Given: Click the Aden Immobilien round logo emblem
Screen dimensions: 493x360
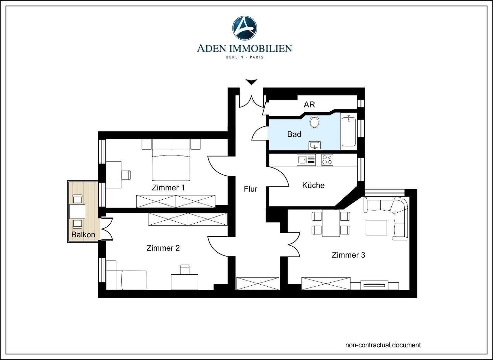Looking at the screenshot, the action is coord(244,28).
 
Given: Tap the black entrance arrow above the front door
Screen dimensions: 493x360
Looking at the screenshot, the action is coord(252,82).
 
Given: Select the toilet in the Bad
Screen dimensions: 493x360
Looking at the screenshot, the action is coord(314,121).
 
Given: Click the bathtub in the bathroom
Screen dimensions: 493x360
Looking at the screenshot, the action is coord(349,132).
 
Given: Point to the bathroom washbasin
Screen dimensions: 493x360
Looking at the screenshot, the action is coord(315,146).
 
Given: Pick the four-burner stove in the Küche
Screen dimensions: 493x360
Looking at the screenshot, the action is coord(327,160).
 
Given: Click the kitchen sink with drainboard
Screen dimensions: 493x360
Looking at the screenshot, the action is coord(306,160).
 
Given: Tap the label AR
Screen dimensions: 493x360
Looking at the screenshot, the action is coord(309,104).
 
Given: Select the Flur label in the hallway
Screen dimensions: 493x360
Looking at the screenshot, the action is coord(251,189).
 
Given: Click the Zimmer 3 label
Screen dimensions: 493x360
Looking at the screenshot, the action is coord(349,255).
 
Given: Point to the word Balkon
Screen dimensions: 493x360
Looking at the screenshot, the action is coord(83,235).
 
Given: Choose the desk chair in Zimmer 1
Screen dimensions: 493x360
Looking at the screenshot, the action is coord(126,175).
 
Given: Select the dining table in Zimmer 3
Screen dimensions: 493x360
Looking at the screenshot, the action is coord(331,223).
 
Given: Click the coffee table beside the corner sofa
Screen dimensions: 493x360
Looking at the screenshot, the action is coord(376,228).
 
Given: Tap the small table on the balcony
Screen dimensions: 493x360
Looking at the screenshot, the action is coord(77,212).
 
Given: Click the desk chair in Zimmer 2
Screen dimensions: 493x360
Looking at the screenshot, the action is coord(185,270).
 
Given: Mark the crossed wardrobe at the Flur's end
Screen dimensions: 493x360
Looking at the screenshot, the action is coord(257,284).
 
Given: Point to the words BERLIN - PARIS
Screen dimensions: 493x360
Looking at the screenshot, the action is coord(244,57).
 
